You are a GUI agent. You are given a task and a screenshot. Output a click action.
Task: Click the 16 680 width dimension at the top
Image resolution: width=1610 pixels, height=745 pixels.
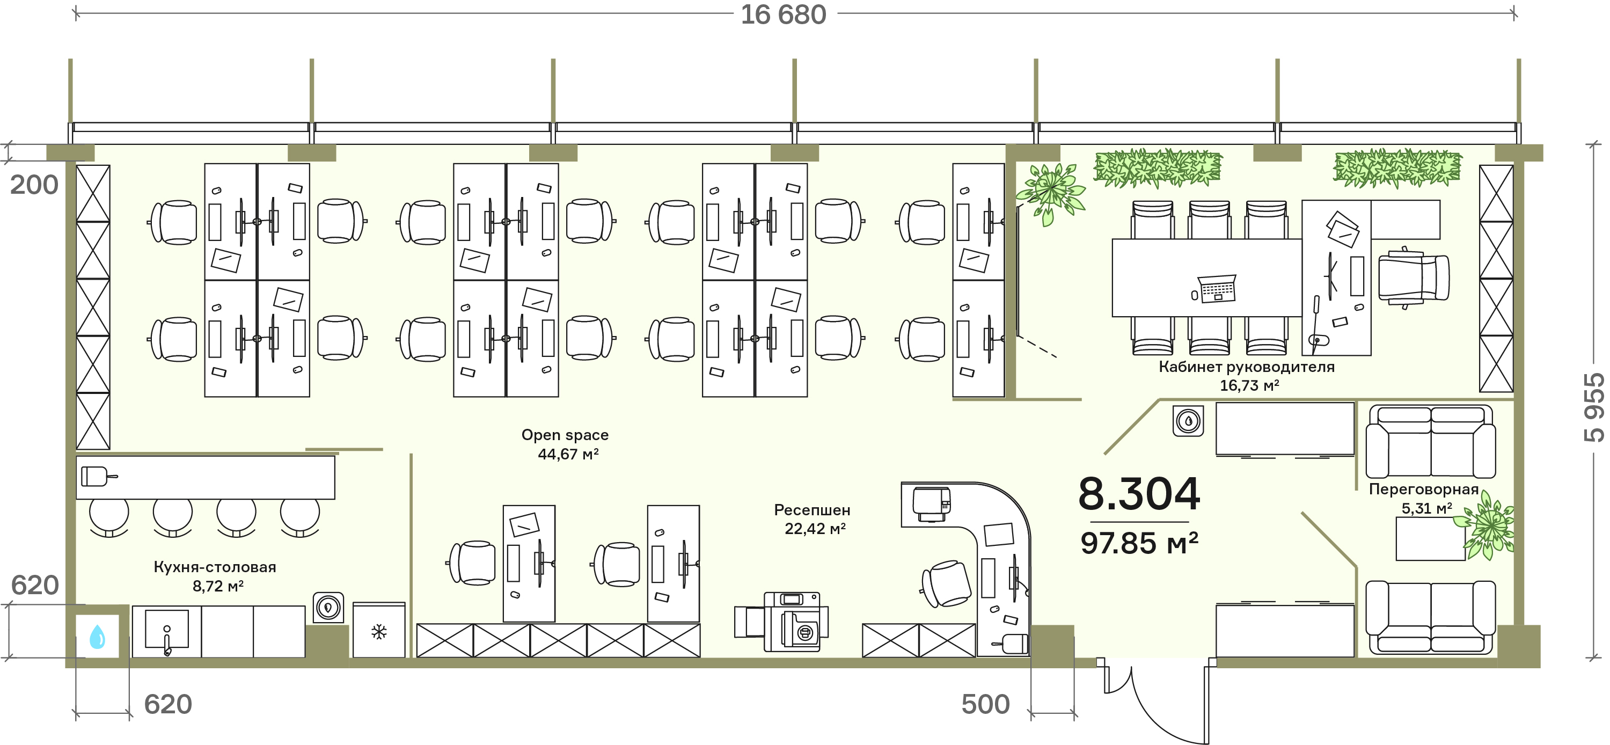pos(783,14)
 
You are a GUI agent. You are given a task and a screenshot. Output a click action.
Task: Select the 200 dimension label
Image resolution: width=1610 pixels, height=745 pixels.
pos(34,185)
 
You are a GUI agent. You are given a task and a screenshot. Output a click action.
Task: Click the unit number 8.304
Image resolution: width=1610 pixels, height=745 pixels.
pos(1139,494)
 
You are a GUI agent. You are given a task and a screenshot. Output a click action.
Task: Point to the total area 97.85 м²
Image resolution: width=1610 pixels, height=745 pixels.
pos(1139,543)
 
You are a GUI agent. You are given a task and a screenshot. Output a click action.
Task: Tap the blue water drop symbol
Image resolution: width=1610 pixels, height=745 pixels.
pos(98,637)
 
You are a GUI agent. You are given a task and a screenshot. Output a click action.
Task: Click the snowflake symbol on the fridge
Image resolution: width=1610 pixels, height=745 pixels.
pos(379,632)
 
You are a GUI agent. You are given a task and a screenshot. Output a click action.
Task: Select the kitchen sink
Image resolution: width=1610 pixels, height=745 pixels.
pos(167,630)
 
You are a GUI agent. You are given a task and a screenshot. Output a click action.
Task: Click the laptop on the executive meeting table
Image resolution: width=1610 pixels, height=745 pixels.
pos(1216,289)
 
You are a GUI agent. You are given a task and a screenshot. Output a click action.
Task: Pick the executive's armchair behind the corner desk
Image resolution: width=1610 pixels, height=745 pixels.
pos(1413,277)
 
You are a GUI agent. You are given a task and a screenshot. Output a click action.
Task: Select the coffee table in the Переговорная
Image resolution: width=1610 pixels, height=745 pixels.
pos(1430,539)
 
